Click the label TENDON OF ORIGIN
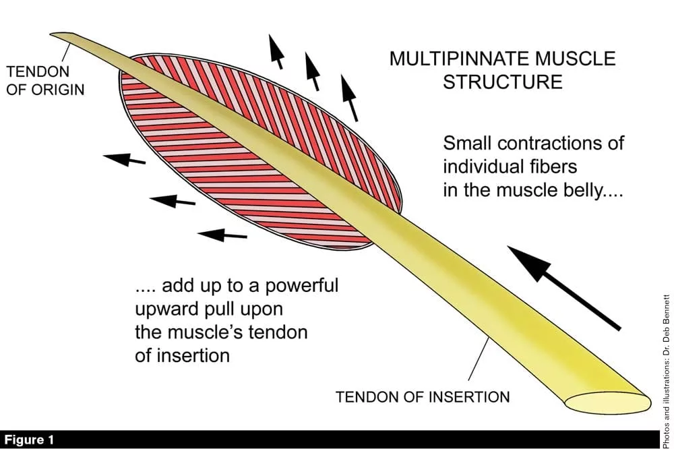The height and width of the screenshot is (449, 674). [45, 79]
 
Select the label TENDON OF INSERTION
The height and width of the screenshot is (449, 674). [423, 396]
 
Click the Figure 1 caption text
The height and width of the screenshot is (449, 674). [29, 440]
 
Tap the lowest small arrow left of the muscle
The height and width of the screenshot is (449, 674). [222, 235]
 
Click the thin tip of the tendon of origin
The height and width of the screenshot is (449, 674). [59, 35]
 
